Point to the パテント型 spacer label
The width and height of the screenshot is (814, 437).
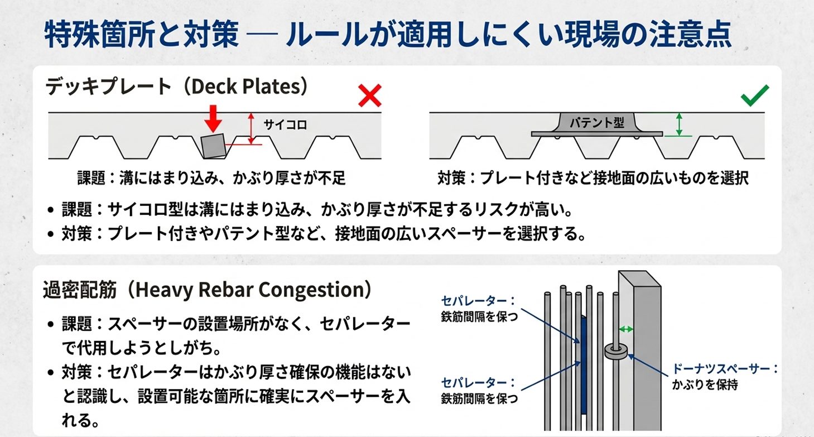click(x=597, y=122)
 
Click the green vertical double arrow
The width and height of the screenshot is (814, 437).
click(x=679, y=124)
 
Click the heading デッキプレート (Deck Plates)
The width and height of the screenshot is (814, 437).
click(x=176, y=87)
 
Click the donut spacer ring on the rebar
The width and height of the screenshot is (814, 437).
click(x=616, y=350)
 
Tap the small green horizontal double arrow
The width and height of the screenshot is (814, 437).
click(x=627, y=329)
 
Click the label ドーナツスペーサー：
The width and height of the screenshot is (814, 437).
click(x=725, y=369)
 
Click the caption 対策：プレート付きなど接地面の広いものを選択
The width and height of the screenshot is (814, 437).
click(x=593, y=178)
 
